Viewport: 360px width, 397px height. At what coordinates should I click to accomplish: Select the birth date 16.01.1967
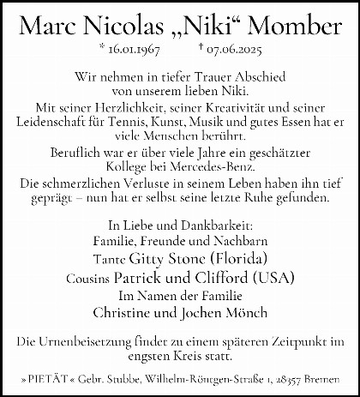click(134, 52)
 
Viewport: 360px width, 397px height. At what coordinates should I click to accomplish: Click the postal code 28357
click(296, 378)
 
